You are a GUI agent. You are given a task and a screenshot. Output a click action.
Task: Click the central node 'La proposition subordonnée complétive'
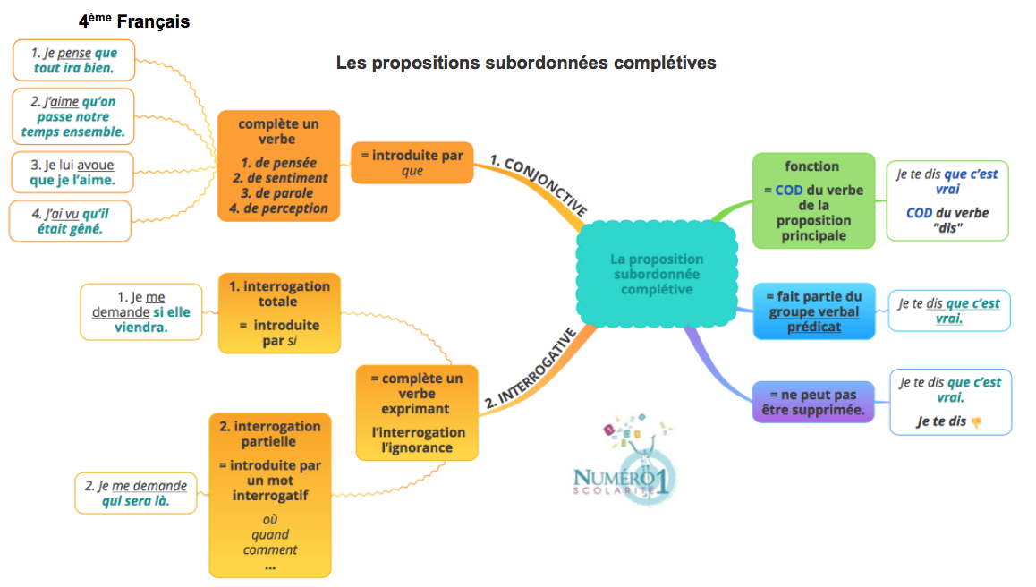pos(656,274)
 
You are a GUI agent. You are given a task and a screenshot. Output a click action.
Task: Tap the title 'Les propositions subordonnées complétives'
pos(526,64)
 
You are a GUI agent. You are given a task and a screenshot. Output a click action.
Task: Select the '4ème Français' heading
pos(134,21)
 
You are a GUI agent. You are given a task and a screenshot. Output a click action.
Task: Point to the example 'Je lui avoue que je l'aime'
pos(72,174)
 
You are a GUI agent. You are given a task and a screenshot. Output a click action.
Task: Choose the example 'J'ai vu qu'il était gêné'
pos(71,221)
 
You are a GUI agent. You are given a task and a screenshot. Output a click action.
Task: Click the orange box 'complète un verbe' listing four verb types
pos(279,166)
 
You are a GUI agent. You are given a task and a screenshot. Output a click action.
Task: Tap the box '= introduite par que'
pos(412,162)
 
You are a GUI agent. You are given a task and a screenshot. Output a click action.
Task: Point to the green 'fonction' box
pos(812,200)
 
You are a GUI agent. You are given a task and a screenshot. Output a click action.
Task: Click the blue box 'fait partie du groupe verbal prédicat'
pos(813,311)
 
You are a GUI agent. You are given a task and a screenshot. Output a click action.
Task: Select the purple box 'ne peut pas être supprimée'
pos(812,402)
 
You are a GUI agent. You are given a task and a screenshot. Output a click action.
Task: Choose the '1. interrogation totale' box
pos(279,312)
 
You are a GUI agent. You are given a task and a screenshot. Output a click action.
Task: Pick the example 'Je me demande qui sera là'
pos(136,493)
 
